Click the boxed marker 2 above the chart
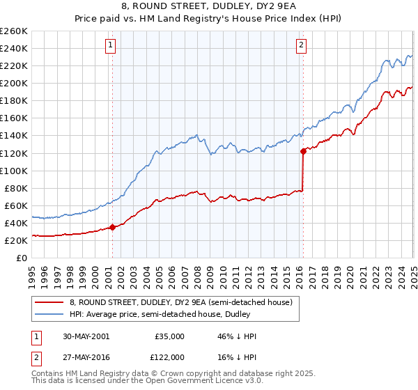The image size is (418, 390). pyautogui.click(x=302, y=46)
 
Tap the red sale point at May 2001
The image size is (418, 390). pyautogui.click(x=112, y=227)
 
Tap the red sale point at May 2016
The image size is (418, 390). pyautogui.click(x=303, y=150)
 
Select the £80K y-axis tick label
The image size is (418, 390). pyautogui.click(x=16, y=188)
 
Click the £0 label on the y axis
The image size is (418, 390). pyautogui.click(x=22, y=258)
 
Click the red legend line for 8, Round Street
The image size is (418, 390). pyautogui.click(x=49, y=302)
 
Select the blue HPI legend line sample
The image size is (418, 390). pyautogui.click(x=49, y=314)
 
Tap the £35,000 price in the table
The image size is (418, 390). pyautogui.click(x=169, y=336)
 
